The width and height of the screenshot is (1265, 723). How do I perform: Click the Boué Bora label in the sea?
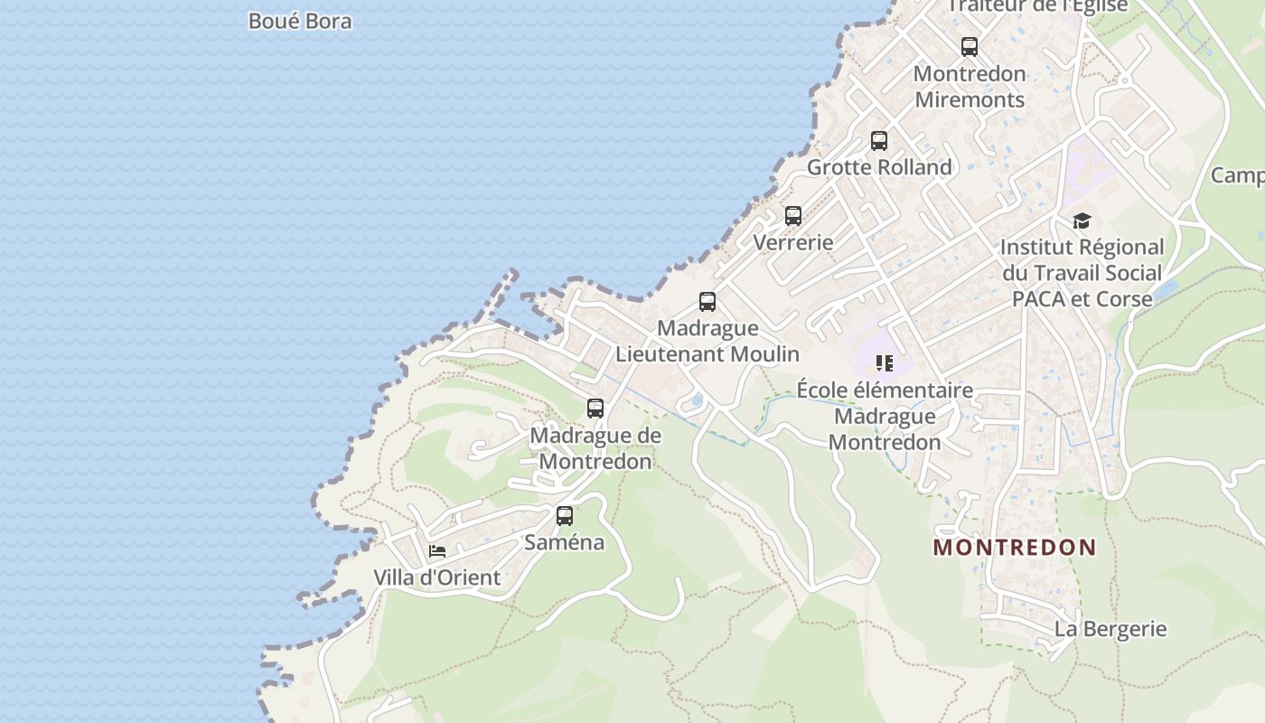click(x=300, y=21)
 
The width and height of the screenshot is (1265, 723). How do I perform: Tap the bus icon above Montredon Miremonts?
click(x=970, y=46)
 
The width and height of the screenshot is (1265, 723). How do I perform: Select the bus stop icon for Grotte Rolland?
click(x=879, y=141)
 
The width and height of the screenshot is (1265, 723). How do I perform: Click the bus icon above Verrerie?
click(x=793, y=216)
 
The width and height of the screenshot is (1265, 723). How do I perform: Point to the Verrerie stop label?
click(x=793, y=242)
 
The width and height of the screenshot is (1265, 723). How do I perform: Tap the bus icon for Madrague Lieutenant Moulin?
click(x=707, y=302)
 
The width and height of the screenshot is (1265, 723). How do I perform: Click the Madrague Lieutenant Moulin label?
click(x=707, y=341)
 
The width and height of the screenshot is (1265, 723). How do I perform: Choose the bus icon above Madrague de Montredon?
click(x=595, y=408)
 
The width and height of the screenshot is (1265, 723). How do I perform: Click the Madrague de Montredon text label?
click(x=595, y=448)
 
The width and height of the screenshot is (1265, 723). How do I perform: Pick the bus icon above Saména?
click(x=565, y=516)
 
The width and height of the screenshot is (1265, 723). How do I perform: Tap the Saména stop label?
click(x=565, y=542)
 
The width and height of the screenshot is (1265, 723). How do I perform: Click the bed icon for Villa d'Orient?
click(x=437, y=551)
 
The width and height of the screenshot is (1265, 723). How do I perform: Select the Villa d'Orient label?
click(x=437, y=577)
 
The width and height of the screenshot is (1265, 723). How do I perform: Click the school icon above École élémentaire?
click(x=885, y=363)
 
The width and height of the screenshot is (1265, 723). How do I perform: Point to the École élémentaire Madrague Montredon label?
click(x=885, y=416)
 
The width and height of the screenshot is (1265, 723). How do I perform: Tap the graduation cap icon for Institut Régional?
click(x=1082, y=221)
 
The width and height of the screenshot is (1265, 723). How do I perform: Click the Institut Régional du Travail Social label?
click(x=1082, y=272)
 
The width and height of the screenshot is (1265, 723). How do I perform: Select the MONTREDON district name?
click(x=1015, y=548)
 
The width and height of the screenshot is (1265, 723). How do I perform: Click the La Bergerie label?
click(x=1110, y=629)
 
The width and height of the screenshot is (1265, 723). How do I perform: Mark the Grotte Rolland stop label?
click(x=879, y=167)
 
